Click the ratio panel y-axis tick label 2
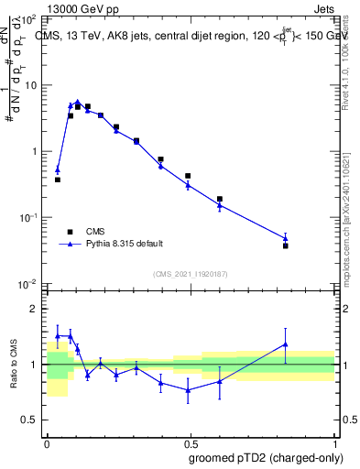point(36,309)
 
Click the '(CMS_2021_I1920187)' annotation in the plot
point(191,274)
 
